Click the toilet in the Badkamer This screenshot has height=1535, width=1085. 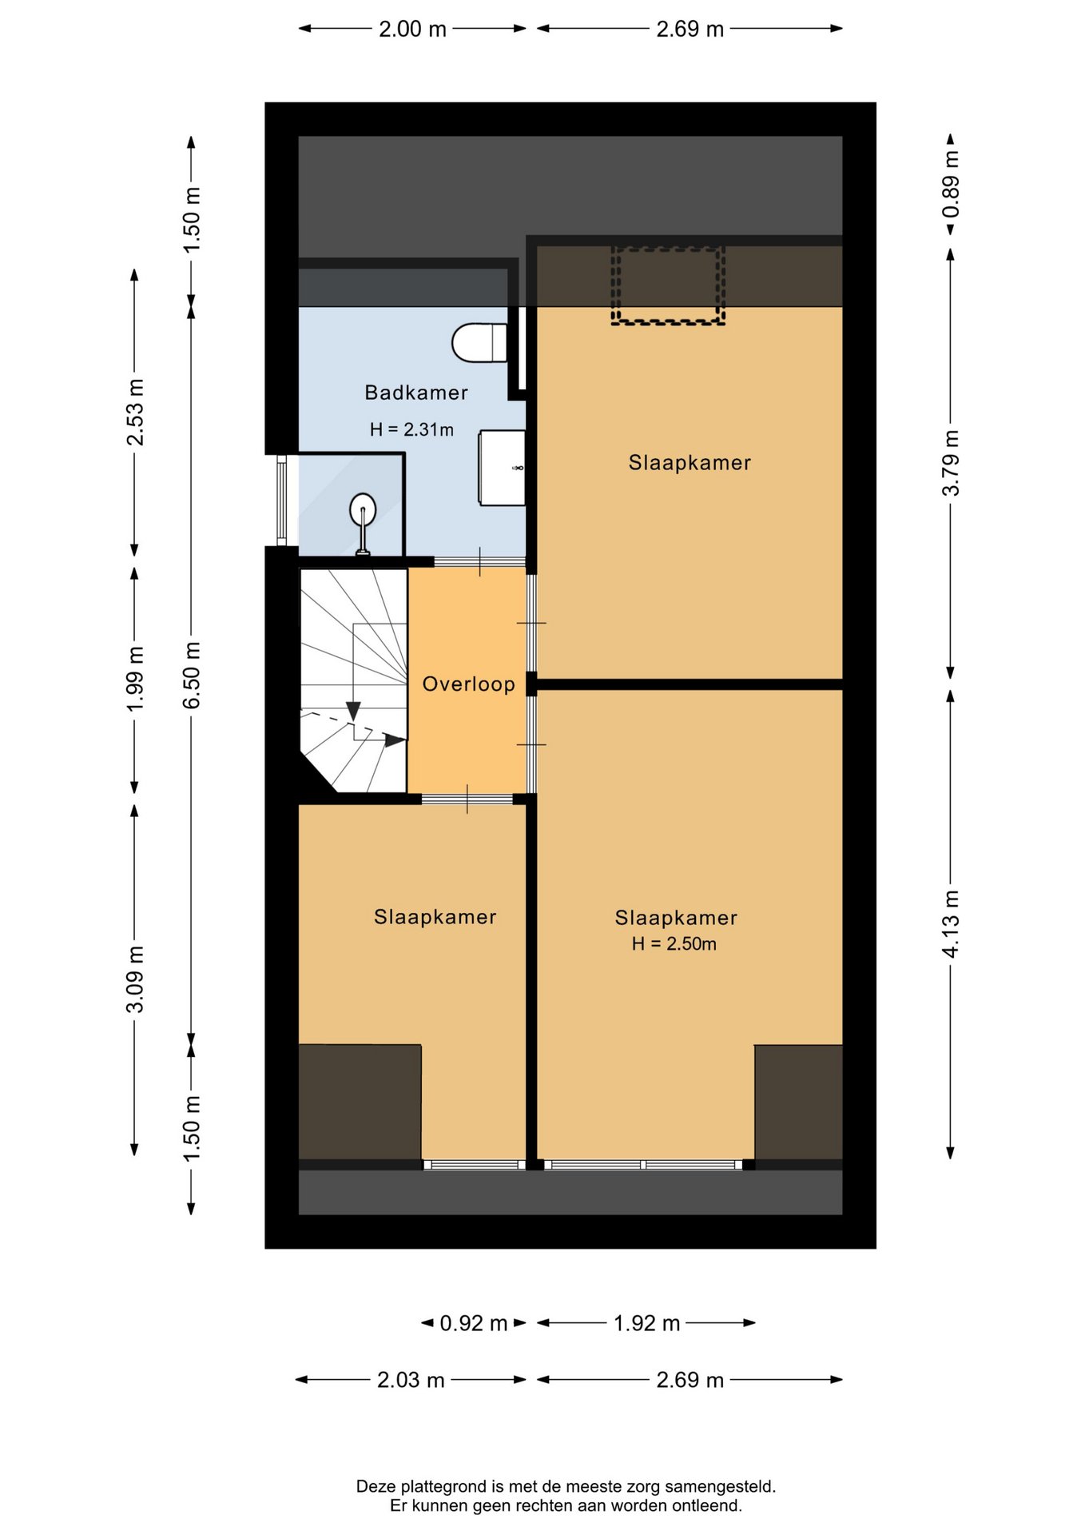[479, 342]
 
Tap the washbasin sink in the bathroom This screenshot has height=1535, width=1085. [502, 468]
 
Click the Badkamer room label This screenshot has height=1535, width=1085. [416, 393]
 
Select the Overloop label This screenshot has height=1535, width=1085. [469, 684]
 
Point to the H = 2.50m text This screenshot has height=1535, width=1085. [674, 944]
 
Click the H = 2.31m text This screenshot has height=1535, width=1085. [411, 430]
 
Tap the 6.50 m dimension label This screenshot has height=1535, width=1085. [192, 675]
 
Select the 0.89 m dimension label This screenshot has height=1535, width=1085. [951, 184]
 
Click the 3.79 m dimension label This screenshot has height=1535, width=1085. [951, 463]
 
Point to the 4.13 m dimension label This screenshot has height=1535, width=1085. [951, 923]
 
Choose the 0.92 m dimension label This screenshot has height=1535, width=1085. [474, 1323]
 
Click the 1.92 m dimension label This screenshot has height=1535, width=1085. [646, 1323]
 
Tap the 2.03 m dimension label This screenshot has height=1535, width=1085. [411, 1380]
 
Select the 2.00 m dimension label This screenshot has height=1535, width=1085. [412, 30]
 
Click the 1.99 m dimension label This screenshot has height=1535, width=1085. [136, 679]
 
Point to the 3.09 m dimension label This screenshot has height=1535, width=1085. [136, 979]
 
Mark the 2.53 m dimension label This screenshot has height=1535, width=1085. [136, 413]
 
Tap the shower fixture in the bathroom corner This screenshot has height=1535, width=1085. [363, 521]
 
